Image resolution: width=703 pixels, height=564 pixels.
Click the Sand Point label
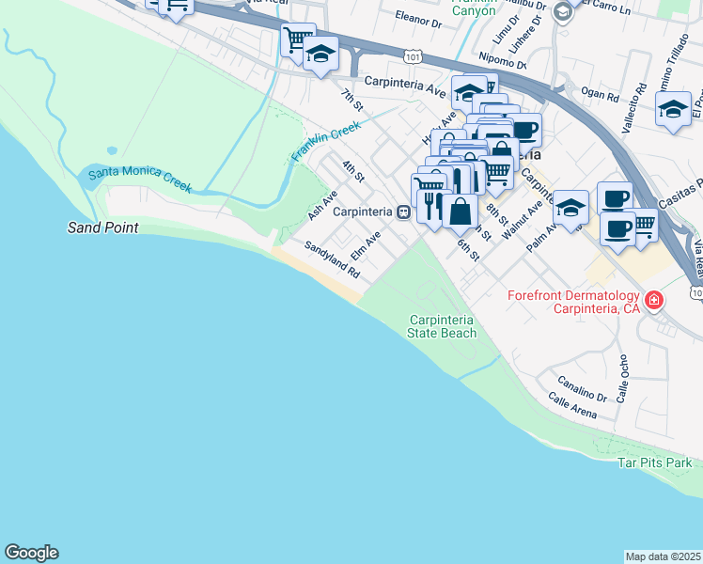(x=103, y=227)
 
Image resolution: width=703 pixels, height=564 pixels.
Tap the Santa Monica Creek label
(x=140, y=176)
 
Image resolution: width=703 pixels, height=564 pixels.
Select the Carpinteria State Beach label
(x=442, y=326)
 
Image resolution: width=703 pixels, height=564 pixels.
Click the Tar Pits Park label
(x=655, y=462)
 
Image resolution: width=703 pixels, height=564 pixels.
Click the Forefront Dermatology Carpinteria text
(x=572, y=302)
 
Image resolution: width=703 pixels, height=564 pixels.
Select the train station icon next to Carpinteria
(x=402, y=212)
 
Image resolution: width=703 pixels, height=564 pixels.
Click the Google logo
(x=31, y=553)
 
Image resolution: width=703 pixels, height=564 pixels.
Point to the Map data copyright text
(x=664, y=556)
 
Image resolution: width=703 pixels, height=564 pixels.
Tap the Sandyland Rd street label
(x=332, y=259)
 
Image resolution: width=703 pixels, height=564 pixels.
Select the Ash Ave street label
(x=322, y=206)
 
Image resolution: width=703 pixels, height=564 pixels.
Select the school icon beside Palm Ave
(x=570, y=206)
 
